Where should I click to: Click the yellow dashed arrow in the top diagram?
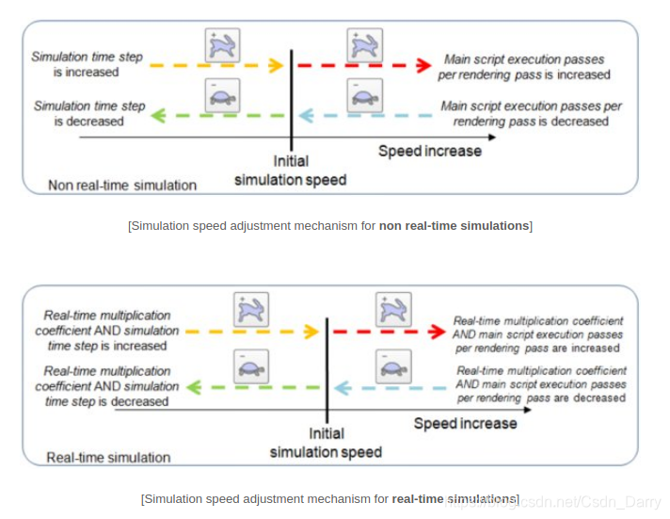coord(215,66)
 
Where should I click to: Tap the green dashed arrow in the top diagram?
coord(215,115)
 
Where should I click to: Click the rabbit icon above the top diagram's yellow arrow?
coord(222,44)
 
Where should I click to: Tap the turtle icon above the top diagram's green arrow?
coord(222,94)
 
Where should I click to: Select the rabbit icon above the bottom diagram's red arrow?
coord(391,310)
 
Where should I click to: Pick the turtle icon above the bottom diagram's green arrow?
coord(251,365)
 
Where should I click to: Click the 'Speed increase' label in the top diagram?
coord(429,151)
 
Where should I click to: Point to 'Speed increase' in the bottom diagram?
coord(465,423)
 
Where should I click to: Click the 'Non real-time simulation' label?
coord(122,185)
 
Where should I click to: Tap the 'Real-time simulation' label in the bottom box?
coord(109,457)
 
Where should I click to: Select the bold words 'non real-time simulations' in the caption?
coord(455,225)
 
